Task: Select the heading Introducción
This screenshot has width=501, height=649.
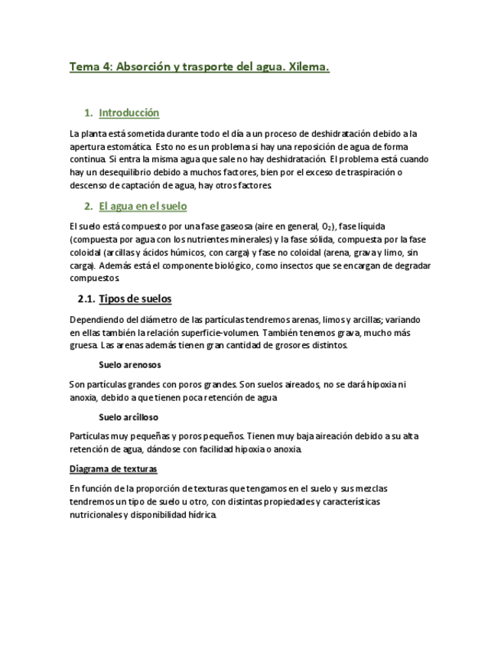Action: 129,113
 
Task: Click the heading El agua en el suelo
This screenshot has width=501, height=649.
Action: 143,207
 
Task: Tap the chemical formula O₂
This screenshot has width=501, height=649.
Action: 327,227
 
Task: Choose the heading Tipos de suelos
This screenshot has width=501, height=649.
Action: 136,299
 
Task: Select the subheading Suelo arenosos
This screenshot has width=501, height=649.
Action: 130,365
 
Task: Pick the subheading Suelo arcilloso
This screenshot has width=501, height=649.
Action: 129,417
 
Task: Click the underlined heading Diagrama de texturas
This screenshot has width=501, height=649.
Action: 113,468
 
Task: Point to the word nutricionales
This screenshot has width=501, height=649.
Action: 95,515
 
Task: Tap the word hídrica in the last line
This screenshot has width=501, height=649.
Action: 201,515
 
